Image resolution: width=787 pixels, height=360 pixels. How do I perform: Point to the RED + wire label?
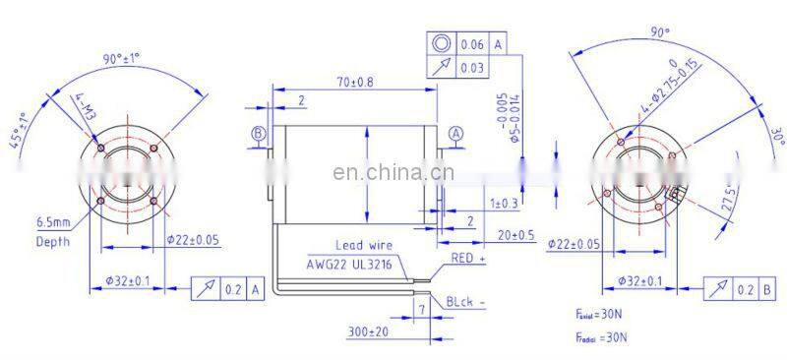pyautogui.click(x=468, y=258)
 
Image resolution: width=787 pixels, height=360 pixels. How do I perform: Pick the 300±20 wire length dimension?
pyautogui.click(x=369, y=331)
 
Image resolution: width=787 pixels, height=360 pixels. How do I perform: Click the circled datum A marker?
pyautogui.click(x=455, y=133)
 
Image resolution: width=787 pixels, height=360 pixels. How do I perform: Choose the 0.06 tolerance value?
pyautogui.click(x=471, y=45)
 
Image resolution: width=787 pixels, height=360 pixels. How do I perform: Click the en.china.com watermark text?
pyautogui.click(x=393, y=176)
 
